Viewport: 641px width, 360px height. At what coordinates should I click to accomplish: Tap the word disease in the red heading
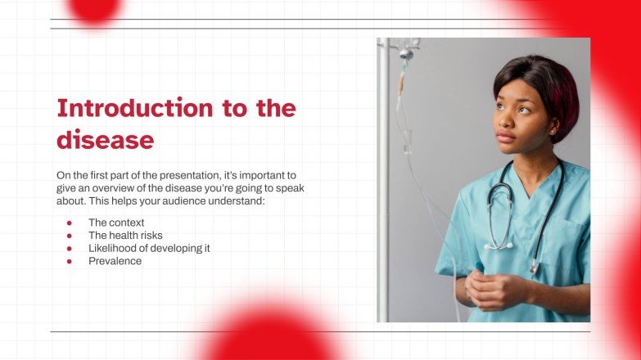[105, 140]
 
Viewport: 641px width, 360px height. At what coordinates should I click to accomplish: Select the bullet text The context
[116, 223]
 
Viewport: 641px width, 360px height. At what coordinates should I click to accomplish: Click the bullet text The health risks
[125, 236]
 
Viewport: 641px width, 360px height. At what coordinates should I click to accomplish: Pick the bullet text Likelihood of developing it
[149, 248]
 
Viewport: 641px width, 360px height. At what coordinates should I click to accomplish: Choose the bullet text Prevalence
[115, 261]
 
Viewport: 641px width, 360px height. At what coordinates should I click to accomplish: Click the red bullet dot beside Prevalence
[70, 261]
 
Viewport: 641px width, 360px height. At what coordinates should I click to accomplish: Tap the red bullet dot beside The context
[70, 223]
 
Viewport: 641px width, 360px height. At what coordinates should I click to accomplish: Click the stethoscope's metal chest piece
[534, 267]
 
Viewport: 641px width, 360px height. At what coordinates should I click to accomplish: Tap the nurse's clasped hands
[491, 290]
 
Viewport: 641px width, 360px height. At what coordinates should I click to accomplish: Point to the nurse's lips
[506, 137]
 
